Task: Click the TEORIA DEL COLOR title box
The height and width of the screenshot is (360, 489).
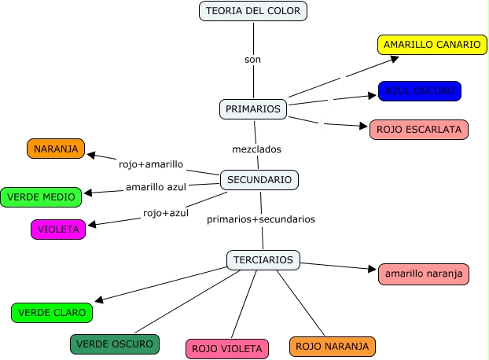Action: (252, 11)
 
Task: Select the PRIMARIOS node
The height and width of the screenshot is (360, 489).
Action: (253, 109)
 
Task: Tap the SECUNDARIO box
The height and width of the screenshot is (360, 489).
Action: (259, 180)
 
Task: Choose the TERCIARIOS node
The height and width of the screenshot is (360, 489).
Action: (263, 259)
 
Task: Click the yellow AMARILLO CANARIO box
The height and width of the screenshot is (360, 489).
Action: (432, 45)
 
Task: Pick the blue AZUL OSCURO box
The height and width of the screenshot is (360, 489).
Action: (419, 91)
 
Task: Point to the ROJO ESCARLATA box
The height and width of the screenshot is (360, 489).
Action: (418, 130)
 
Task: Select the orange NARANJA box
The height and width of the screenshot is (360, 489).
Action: (54, 149)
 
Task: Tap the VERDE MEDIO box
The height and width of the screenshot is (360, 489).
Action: (42, 197)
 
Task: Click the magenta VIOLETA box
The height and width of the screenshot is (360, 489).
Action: (58, 230)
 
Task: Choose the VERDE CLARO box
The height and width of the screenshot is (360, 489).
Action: (52, 312)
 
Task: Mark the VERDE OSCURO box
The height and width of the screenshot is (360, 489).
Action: (115, 343)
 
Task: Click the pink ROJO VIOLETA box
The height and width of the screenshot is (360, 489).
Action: (227, 348)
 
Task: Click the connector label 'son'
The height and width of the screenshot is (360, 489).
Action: (252, 59)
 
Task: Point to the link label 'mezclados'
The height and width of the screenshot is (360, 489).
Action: (256, 149)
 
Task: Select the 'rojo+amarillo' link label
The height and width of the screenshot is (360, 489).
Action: (151, 164)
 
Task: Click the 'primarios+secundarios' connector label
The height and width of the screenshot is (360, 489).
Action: (261, 219)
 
